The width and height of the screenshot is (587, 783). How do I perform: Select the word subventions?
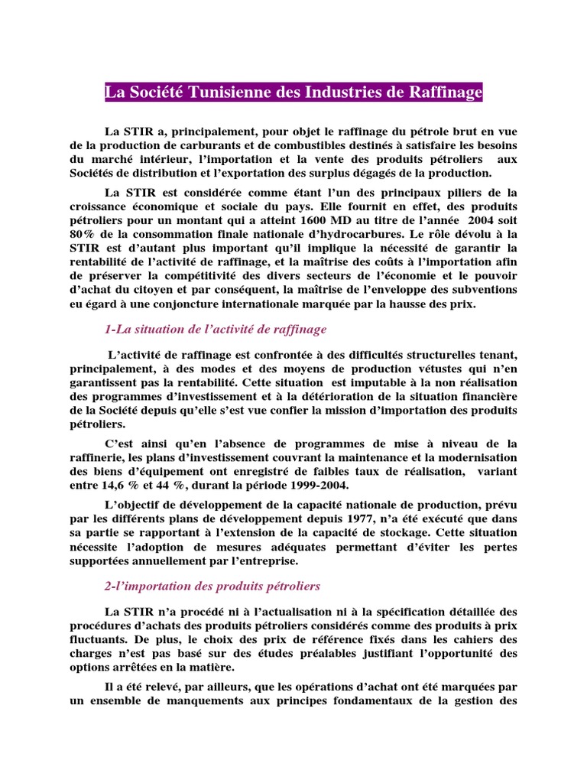482,289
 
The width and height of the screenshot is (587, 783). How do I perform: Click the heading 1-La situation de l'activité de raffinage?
216,329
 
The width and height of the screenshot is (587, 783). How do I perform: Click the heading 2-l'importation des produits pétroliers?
212,586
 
